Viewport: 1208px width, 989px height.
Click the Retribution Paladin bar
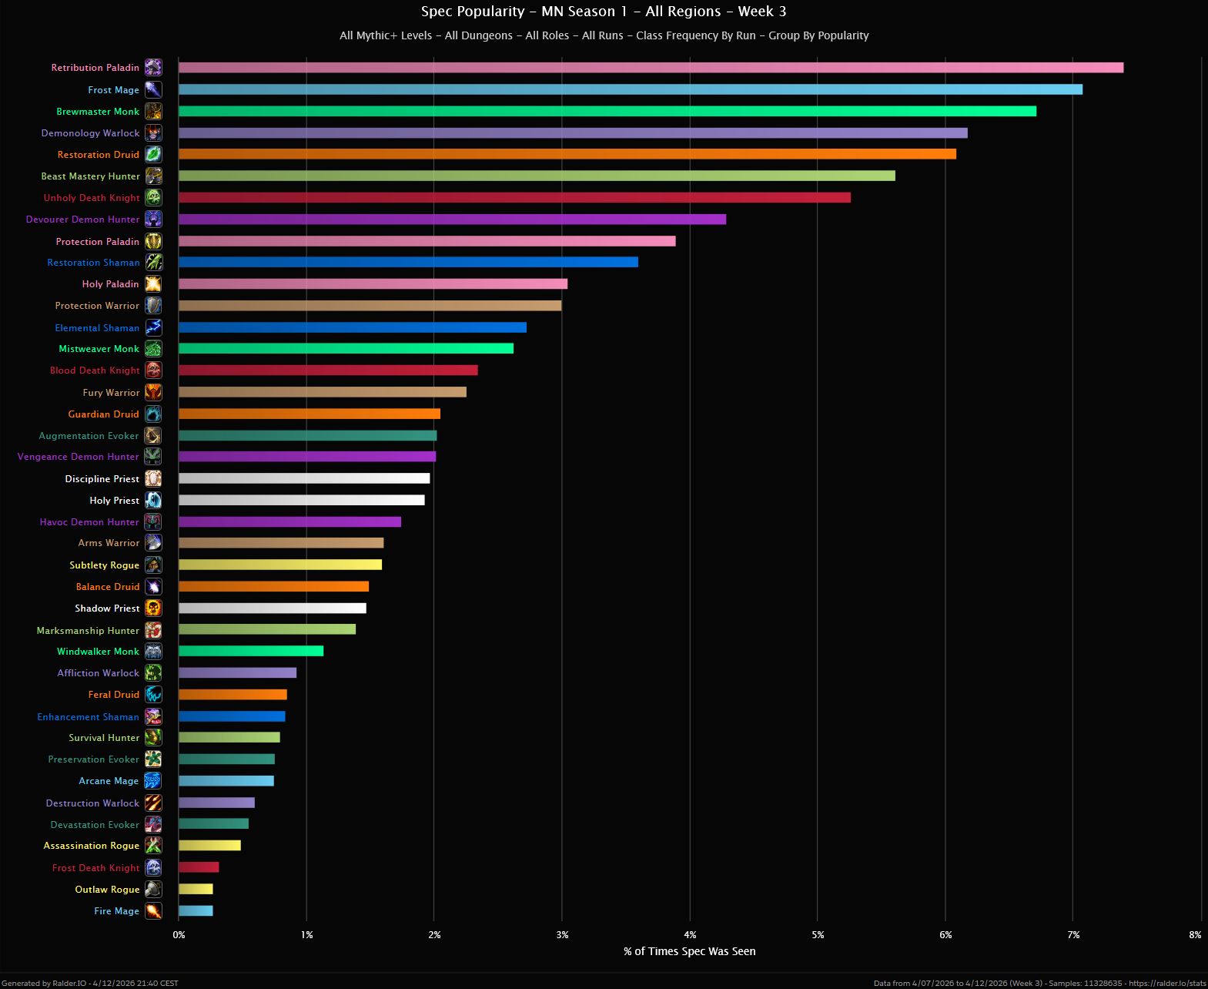pos(651,68)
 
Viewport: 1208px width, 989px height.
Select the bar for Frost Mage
pos(630,89)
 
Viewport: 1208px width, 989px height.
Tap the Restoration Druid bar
pos(567,154)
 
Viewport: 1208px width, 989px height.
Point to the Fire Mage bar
pos(196,911)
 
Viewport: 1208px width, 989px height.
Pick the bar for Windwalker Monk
pos(251,652)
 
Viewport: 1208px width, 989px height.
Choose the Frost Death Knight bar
pos(199,867)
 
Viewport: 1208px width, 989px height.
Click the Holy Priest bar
pos(301,501)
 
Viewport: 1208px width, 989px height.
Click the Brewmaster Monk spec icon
pos(154,112)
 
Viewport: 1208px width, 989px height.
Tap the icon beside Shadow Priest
pos(154,608)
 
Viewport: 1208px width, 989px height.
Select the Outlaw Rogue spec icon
pos(154,890)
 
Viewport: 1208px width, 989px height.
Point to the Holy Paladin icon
pos(154,284)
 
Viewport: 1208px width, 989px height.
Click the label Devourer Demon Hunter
pos(82,220)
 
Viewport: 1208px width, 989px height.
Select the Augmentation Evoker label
pos(89,436)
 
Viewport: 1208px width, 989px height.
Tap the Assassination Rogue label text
pos(91,846)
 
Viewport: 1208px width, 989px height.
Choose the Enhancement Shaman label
pos(88,717)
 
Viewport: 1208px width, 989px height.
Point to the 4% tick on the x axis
pos(691,935)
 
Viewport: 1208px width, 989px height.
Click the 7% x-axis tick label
pos(1073,935)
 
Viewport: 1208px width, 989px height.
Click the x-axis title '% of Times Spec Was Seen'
pos(689,951)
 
